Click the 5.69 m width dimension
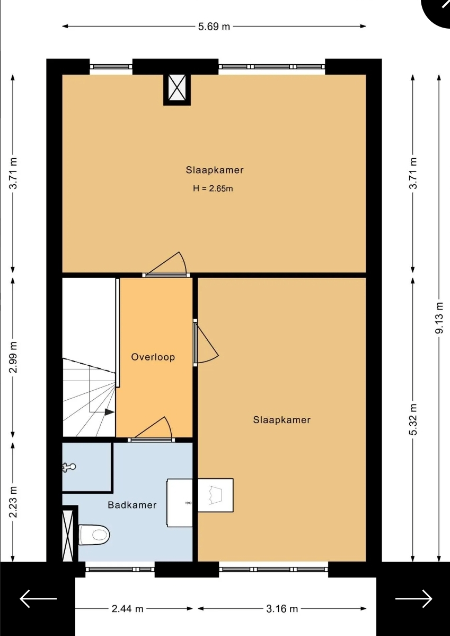click(x=214, y=27)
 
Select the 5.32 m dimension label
click(x=413, y=419)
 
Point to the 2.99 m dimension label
click(x=13, y=357)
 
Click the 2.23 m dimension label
click(x=13, y=502)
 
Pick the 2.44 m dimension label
click(x=128, y=609)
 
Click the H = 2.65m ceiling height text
click(x=213, y=188)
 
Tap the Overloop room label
click(x=153, y=357)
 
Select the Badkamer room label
click(x=132, y=505)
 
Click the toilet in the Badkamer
click(x=94, y=535)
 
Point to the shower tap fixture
click(x=69, y=467)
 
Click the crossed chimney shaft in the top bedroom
click(x=177, y=89)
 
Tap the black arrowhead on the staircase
click(x=109, y=411)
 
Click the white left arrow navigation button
click(x=38, y=599)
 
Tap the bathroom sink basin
click(x=180, y=503)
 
